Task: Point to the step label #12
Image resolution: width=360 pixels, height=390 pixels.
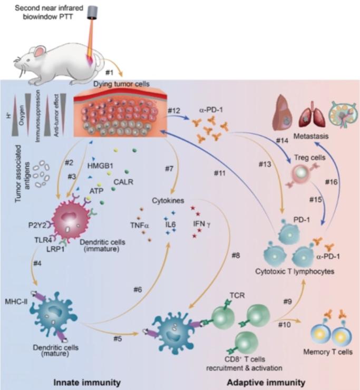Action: click(175, 110)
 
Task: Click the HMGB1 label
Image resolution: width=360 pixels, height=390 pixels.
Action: click(104, 165)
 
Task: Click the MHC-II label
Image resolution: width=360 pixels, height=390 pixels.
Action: click(16, 287)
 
